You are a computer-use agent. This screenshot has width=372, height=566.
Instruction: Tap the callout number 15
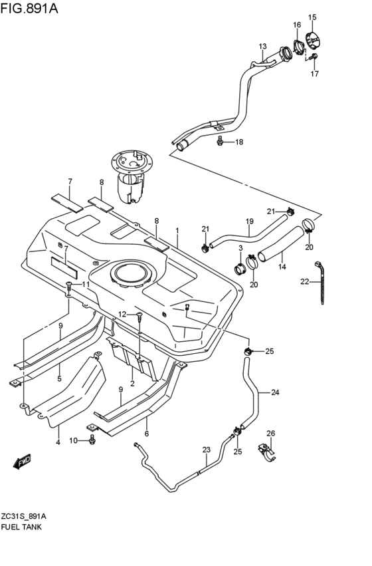tap(312, 17)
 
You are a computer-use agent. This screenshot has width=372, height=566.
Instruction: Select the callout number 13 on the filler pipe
tap(262, 46)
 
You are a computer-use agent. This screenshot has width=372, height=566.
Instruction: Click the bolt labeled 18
tap(219, 140)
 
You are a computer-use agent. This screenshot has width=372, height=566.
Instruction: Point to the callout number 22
tap(304, 282)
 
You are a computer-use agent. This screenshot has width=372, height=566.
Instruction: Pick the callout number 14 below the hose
tap(282, 267)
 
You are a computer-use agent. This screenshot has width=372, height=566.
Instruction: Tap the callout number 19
tap(250, 221)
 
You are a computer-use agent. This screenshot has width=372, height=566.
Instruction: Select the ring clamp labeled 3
tap(238, 269)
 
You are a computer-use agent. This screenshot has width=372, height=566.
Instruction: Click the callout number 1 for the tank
tap(177, 230)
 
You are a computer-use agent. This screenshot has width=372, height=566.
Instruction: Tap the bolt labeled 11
tap(69, 286)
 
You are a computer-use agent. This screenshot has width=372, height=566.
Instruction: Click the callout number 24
tap(274, 392)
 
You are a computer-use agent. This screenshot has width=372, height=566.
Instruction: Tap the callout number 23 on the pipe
tap(206, 450)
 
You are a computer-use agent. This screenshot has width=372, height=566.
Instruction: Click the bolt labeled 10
tap(92, 440)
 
